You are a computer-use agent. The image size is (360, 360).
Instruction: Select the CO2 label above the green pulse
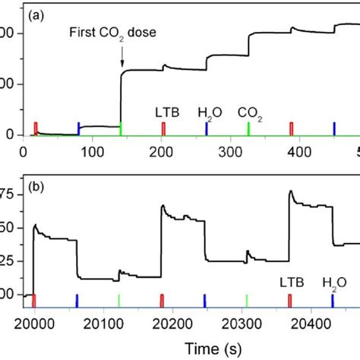pyautogui.click(x=250, y=113)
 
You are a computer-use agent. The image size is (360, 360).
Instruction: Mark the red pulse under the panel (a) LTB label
pyautogui.click(x=163, y=128)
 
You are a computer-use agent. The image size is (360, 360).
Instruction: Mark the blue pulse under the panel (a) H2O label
pyautogui.click(x=207, y=128)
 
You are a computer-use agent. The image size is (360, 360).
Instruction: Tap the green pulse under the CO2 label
pyautogui.click(x=249, y=128)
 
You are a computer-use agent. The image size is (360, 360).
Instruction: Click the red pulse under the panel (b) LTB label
pyautogui.click(x=289, y=300)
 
